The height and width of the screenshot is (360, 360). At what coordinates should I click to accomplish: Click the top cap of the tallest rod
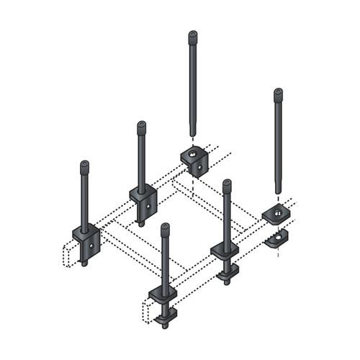tap(193, 35)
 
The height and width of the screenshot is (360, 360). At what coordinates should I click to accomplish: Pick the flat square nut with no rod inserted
tap(276, 213)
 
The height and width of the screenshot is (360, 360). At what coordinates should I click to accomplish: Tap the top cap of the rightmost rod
tap(278, 93)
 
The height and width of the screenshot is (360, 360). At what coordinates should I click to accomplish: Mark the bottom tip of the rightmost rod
tap(278, 192)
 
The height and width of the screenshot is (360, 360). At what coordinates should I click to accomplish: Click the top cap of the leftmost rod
tap(85, 165)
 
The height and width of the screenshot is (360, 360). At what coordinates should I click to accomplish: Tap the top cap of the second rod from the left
tap(141, 126)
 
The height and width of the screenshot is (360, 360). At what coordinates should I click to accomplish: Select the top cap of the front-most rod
tap(165, 228)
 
